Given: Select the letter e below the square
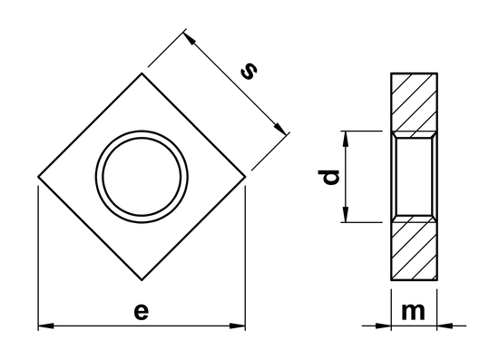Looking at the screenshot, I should [140, 311].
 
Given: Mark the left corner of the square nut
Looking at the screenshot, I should [38, 177].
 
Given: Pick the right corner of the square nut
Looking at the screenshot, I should [246, 177].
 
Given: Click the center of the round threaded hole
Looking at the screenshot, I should [142, 175].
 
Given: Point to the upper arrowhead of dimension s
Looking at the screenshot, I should [191, 38].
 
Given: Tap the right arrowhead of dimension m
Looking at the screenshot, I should [445, 326].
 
